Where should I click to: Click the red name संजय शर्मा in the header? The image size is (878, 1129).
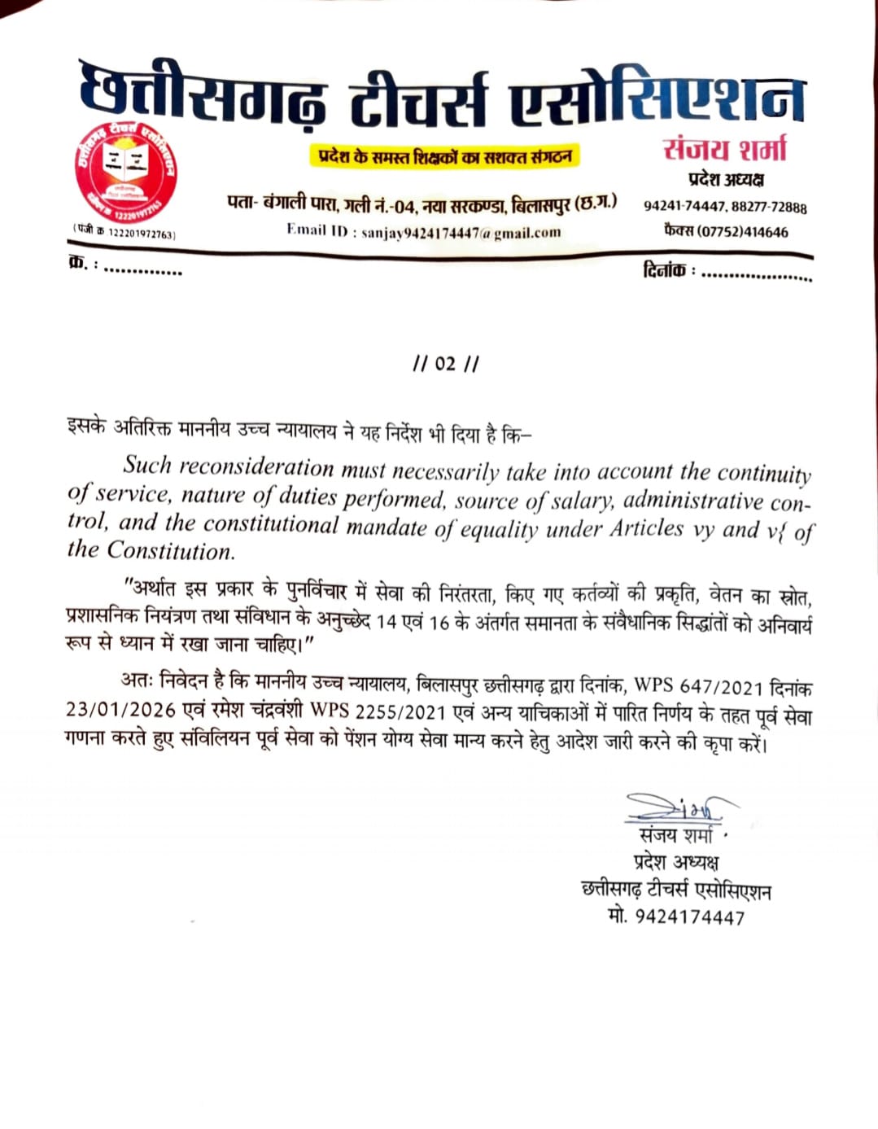[724, 150]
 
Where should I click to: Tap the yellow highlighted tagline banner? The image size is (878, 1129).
[444, 155]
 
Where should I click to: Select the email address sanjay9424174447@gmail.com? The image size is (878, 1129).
[461, 232]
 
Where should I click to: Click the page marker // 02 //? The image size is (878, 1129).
[445, 364]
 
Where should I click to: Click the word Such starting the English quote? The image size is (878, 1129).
[147, 465]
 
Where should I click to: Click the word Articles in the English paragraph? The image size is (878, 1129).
[648, 528]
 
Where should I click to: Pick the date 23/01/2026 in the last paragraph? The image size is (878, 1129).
[120, 710]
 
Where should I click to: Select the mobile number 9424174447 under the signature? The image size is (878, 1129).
[689, 917]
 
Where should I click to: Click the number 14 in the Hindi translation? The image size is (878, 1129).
[387, 622]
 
